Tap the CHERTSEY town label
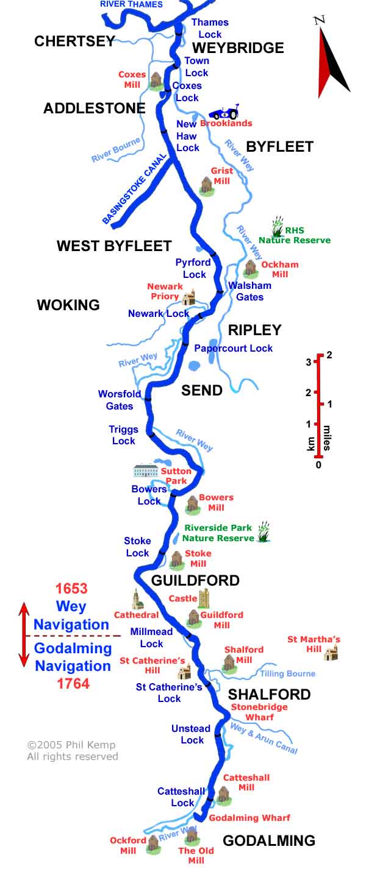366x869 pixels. (x=74, y=41)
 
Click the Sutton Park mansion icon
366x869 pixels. (x=146, y=471)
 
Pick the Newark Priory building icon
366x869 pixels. (x=189, y=297)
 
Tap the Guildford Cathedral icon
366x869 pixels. (x=137, y=600)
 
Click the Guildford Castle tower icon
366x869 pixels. (x=203, y=598)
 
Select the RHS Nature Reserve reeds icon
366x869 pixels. (x=278, y=226)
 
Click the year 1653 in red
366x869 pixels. (x=71, y=589)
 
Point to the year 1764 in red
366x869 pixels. (x=73, y=684)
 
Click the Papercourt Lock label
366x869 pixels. (x=233, y=348)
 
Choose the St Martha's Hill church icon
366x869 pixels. (x=331, y=653)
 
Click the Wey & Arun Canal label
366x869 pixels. (x=264, y=738)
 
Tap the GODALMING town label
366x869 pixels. (x=269, y=841)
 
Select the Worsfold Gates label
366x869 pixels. (x=120, y=400)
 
